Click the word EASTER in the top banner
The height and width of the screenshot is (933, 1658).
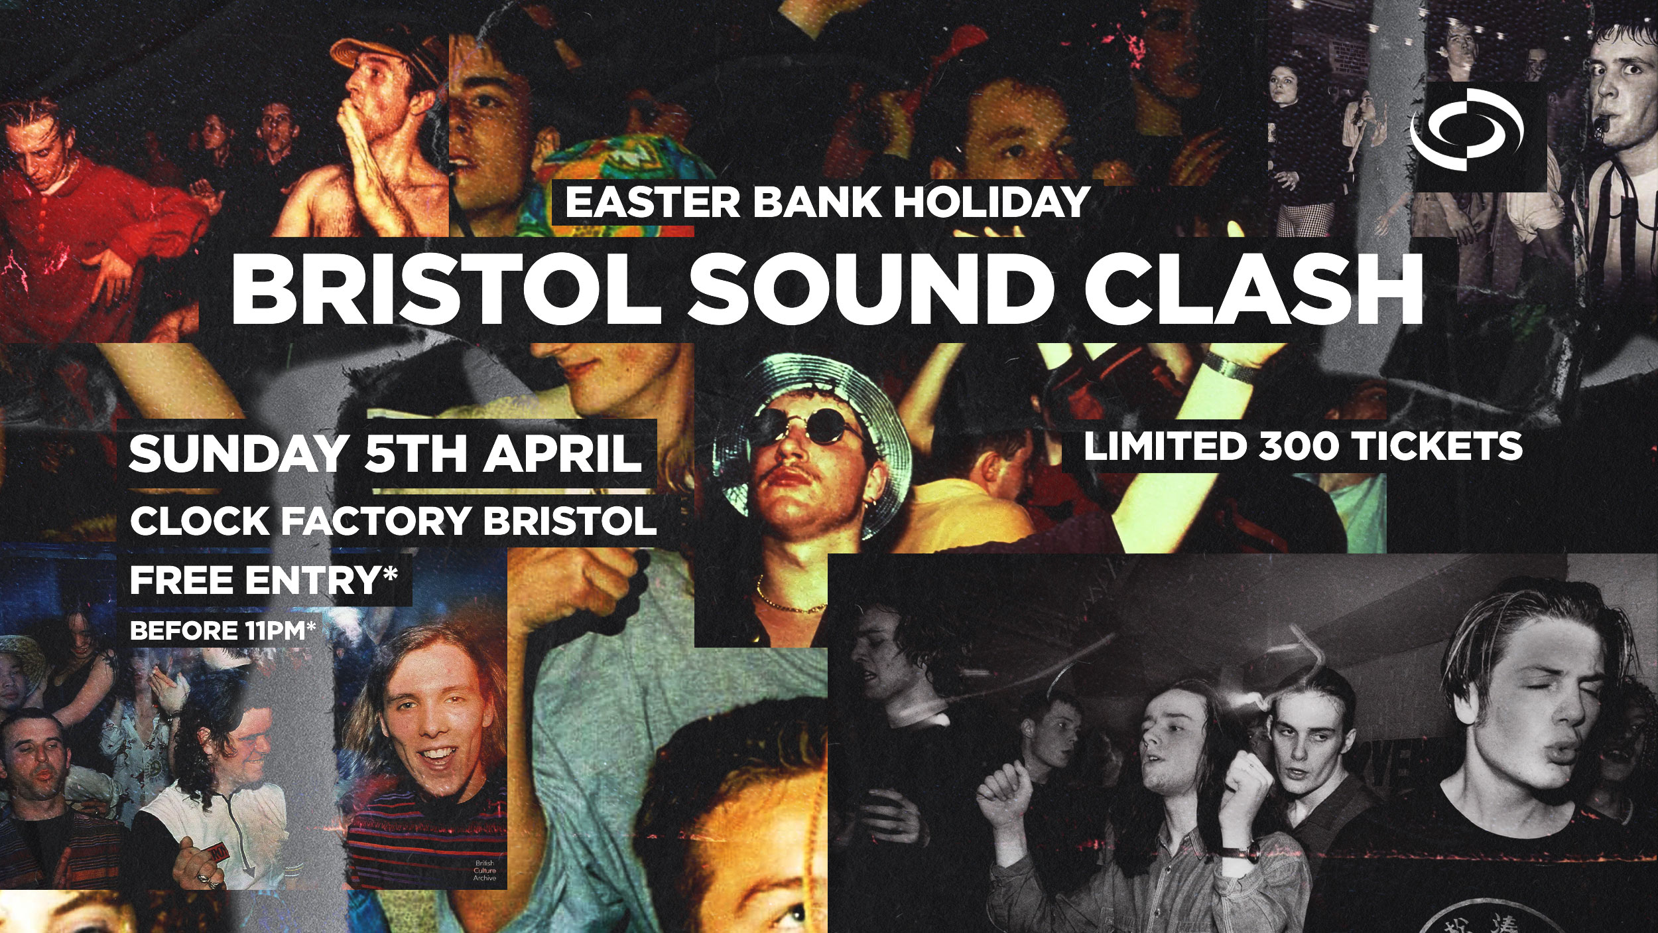[652, 202]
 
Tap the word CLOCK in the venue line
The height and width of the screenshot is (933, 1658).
[198, 521]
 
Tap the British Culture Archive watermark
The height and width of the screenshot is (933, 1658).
[485, 870]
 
